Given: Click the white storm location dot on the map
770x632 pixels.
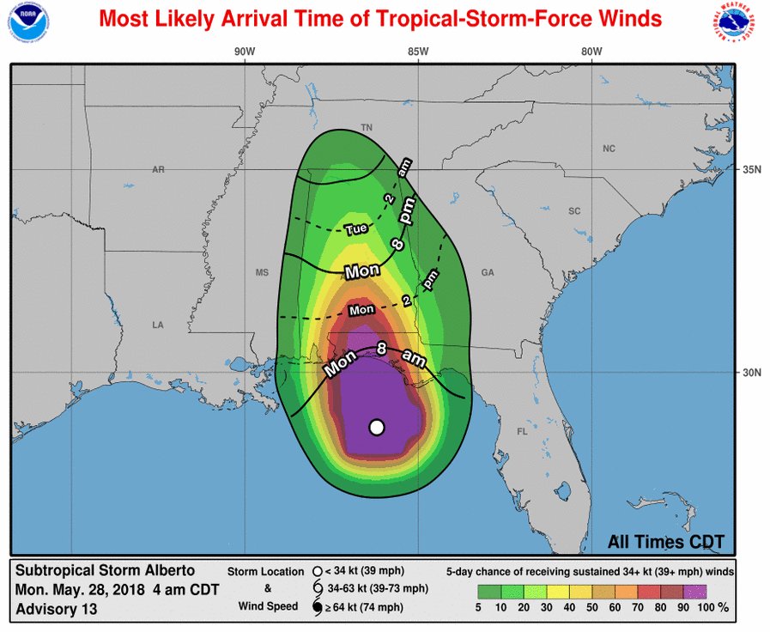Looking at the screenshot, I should [x=376, y=427].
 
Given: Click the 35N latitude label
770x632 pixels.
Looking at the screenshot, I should [x=754, y=169].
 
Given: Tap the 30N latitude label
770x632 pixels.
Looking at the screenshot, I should [x=754, y=373].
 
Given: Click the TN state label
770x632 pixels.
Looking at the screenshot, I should [x=367, y=128].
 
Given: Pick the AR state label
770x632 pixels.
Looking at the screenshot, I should [x=158, y=170].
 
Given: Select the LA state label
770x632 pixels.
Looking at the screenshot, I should [x=158, y=325].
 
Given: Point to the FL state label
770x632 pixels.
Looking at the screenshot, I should [x=523, y=432].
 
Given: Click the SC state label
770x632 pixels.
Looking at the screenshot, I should [x=574, y=210].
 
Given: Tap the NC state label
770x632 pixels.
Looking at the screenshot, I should [x=609, y=149].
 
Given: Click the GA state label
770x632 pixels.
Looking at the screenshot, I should [x=488, y=273].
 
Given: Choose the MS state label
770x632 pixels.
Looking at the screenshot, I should [x=263, y=273].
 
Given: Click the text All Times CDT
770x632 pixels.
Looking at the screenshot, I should [x=666, y=542].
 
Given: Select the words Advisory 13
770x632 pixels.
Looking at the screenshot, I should [x=56, y=609].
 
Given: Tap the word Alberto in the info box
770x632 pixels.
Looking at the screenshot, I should [x=170, y=570].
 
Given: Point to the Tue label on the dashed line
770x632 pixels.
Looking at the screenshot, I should [x=356, y=229].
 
